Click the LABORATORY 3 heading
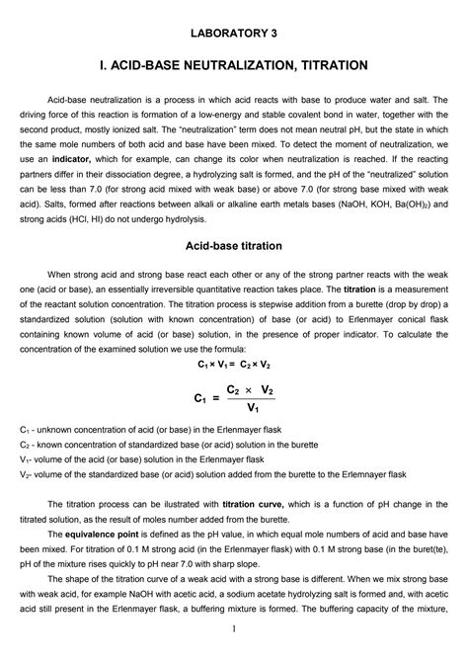pos(234,34)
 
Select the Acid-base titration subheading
pos(234,243)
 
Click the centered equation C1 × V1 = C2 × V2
pos(234,365)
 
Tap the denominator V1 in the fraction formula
pos(253,407)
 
